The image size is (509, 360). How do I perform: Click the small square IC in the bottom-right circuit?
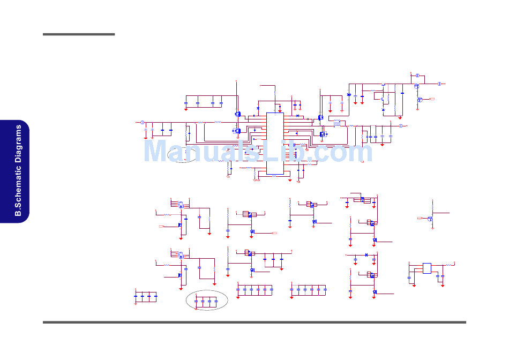426,268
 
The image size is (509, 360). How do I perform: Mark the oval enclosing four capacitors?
206,301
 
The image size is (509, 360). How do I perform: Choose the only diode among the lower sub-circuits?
366,254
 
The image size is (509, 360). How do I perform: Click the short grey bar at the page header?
79,34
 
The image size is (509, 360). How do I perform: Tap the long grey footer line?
254,322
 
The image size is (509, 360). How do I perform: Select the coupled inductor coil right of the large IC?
336,123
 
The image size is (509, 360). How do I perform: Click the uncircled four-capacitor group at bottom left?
146,296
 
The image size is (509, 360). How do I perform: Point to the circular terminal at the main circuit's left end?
142,123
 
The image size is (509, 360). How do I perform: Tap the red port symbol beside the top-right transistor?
432,100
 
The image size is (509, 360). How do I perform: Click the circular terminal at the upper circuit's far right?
439,84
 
